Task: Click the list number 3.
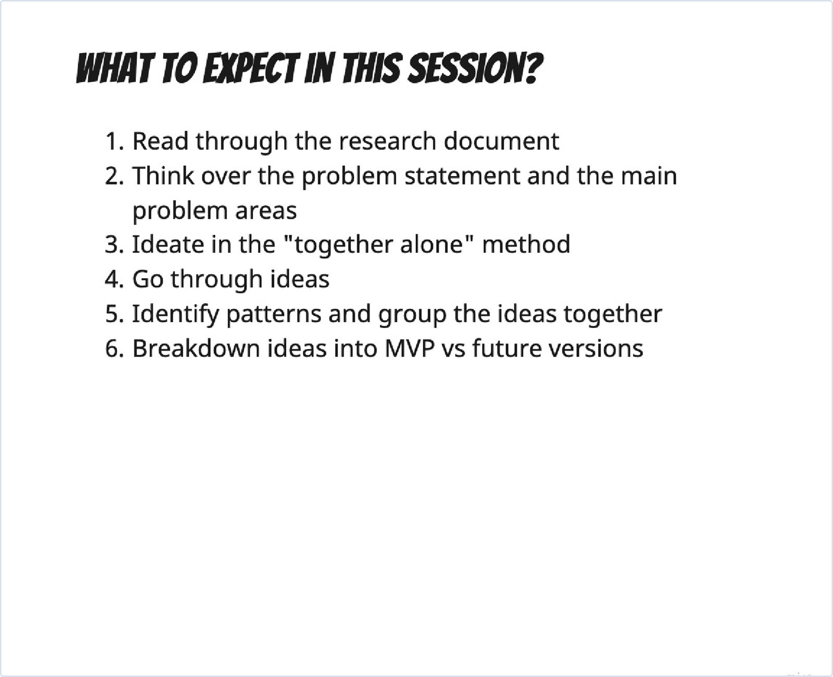[114, 245]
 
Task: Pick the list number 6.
[114, 348]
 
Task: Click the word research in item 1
[387, 141]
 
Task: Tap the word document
[501, 141]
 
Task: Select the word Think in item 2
[163, 176]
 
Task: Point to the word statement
[462, 176]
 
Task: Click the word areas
[266, 211]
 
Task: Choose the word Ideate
[168, 245]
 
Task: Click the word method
[526, 245]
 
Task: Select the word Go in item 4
[148, 279]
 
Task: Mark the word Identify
[176, 315]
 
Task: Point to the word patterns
[273, 315]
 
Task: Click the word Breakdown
[197, 348]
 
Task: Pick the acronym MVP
[409, 348]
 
